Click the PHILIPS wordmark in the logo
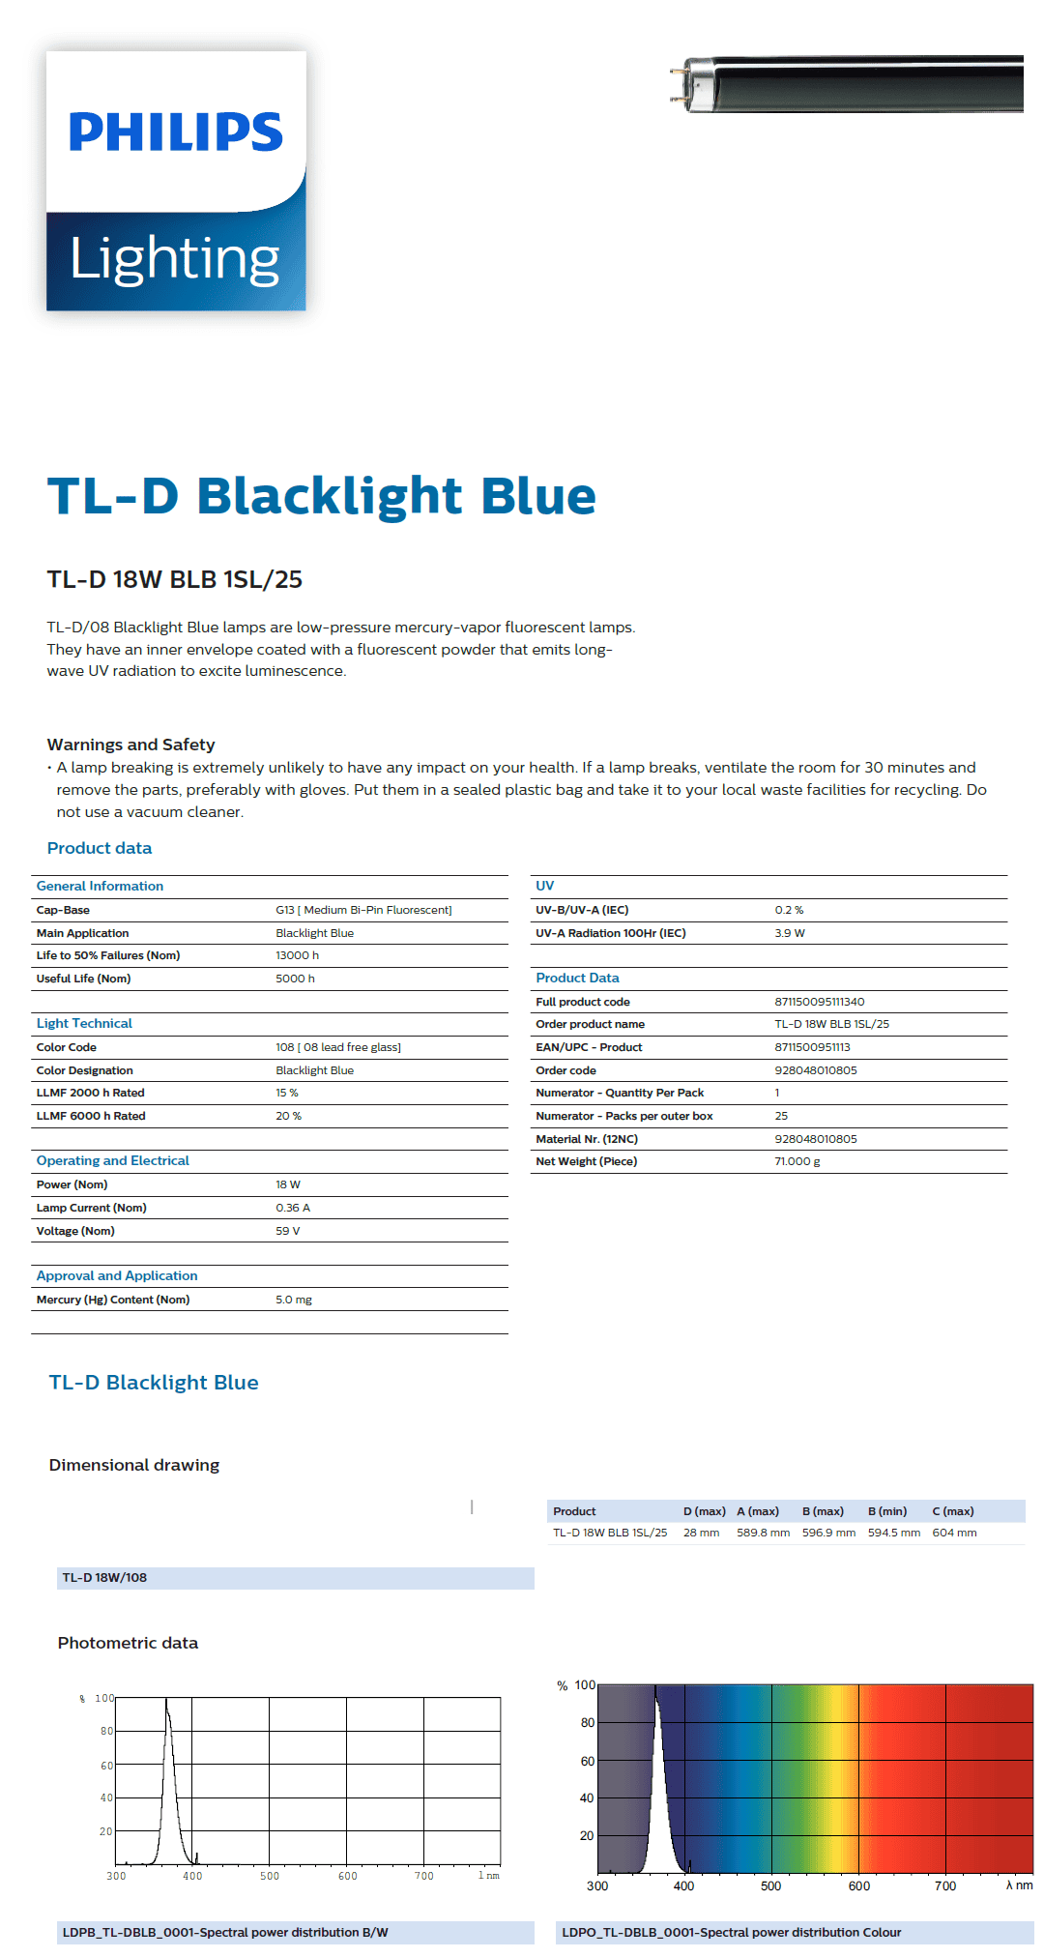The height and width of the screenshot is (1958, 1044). coord(176,132)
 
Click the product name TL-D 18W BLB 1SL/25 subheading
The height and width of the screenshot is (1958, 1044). coord(174,579)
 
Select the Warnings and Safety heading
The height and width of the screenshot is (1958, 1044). coord(130,745)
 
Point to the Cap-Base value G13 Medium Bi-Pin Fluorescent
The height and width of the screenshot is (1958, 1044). coord(363,910)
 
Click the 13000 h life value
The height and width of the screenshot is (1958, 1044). coord(297,955)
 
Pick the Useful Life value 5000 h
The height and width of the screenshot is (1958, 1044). coord(295,979)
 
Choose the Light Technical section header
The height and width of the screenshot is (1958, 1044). coord(84,1023)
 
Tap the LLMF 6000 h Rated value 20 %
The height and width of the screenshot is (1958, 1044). coord(288,1116)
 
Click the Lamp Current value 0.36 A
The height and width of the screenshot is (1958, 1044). coord(293,1208)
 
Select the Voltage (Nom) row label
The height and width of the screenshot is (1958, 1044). coord(75,1231)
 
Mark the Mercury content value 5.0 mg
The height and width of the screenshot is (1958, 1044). coord(294,1300)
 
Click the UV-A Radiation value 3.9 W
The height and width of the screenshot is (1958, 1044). coord(789,933)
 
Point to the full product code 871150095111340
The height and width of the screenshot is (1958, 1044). coord(819,1002)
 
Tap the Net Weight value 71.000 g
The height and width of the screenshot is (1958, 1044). coord(797,1161)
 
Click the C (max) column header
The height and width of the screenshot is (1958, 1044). coord(952,1511)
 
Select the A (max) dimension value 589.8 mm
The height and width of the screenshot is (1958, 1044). coord(763,1533)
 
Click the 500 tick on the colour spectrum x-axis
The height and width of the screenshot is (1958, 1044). coord(770,1885)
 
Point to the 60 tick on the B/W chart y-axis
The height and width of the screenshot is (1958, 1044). coord(106,1766)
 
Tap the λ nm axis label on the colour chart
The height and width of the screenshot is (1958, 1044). coord(1019,1885)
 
